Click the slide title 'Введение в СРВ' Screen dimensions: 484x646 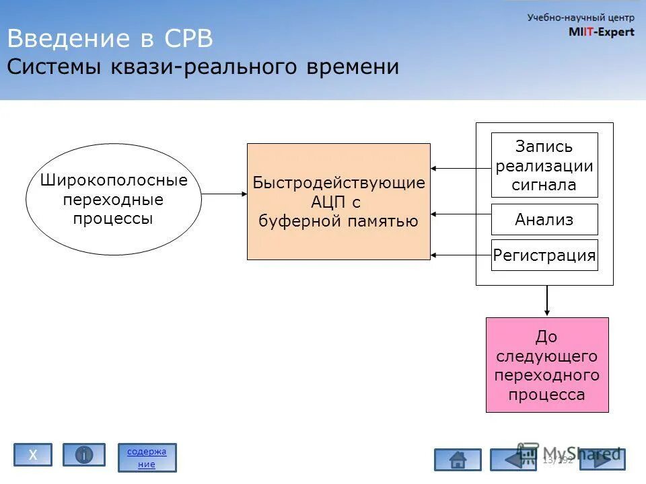[x=110, y=39]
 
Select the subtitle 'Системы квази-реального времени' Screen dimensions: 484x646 [x=203, y=67]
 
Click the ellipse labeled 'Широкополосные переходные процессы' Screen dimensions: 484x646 [x=114, y=199]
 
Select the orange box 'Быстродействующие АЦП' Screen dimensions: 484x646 [x=338, y=201]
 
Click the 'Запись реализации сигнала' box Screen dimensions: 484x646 [x=544, y=165]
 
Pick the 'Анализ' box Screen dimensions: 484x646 [x=544, y=219]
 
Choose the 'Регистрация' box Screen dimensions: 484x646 [x=544, y=255]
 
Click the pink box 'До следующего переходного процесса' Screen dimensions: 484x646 [x=547, y=365]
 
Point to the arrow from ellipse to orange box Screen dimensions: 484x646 [x=224, y=194]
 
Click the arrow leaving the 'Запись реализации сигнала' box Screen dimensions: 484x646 [x=461, y=168]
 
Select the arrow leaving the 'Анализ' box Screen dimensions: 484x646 [x=461, y=214]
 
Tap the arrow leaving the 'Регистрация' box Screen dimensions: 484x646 [x=461, y=255]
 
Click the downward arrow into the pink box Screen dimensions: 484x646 [x=547, y=300]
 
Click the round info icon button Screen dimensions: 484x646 [x=84, y=455]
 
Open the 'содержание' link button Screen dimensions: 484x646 [x=147, y=457]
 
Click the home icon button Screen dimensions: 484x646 [x=458, y=460]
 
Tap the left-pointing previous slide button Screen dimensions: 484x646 [x=513, y=460]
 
